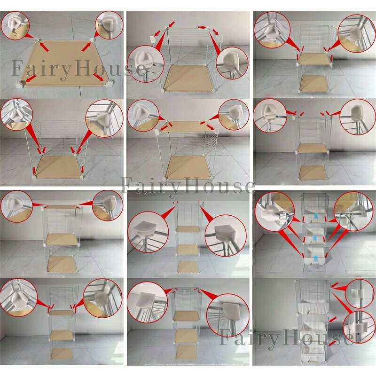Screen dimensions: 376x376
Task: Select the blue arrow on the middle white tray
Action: pos(315,238)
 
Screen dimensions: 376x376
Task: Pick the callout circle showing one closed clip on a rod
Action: pos(358,326)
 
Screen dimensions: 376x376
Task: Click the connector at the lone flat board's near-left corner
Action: pos(20,85)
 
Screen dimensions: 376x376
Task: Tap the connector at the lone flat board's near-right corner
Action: pos(109,84)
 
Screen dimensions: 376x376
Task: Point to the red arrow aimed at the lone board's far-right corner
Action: pos(86,47)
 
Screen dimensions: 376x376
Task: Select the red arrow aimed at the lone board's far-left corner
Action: pos(44,47)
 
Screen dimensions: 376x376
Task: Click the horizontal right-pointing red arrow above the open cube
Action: pos(202,27)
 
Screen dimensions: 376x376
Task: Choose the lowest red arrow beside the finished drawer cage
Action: pos(332,344)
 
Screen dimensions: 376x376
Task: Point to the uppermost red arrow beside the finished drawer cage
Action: pos(335,285)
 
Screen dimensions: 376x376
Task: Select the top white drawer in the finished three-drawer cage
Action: pos(313,306)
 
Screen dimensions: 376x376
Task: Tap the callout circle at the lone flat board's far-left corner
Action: pos(15,25)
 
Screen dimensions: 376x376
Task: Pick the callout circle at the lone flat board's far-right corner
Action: pos(109,25)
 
